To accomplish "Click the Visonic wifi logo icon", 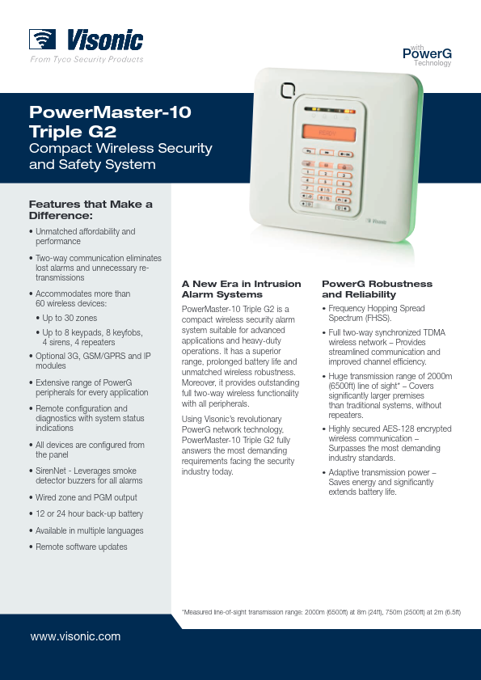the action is pyautogui.click(x=42, y=39).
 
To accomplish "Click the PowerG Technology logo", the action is pyautogui.click(x=427, y=56).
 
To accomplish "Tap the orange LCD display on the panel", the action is pyautogui.click(x=329, y=133).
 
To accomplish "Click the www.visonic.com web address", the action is pyautogui.click(x=75, y=636).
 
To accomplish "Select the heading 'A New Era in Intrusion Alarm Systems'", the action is pyautogui.click(x=241, y=289).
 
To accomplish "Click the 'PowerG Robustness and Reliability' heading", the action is pyautogui.click(x=377, y=289).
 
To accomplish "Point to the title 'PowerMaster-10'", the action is pyautogui.click(x=110, y=112).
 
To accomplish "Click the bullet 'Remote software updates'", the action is pyautogui.click(x=78, y=547).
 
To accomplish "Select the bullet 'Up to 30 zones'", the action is pyautogui.click(x=66, y=318).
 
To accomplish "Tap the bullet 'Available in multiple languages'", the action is pyautogui.click(x=86, y=530).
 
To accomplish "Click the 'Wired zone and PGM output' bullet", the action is pyautogui.click(x=82, y=497).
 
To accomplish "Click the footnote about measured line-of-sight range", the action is pyautogui.click(x=321, y=612).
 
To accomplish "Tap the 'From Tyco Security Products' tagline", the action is pyautogui.click(x=86, y=59).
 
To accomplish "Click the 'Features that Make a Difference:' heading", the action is pyautogui.click(x=91, y=209).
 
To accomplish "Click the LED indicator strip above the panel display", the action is pyautogui.click(x=330, y=111).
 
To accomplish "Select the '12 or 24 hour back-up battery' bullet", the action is pyautogui.click(x=86, y=514).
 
